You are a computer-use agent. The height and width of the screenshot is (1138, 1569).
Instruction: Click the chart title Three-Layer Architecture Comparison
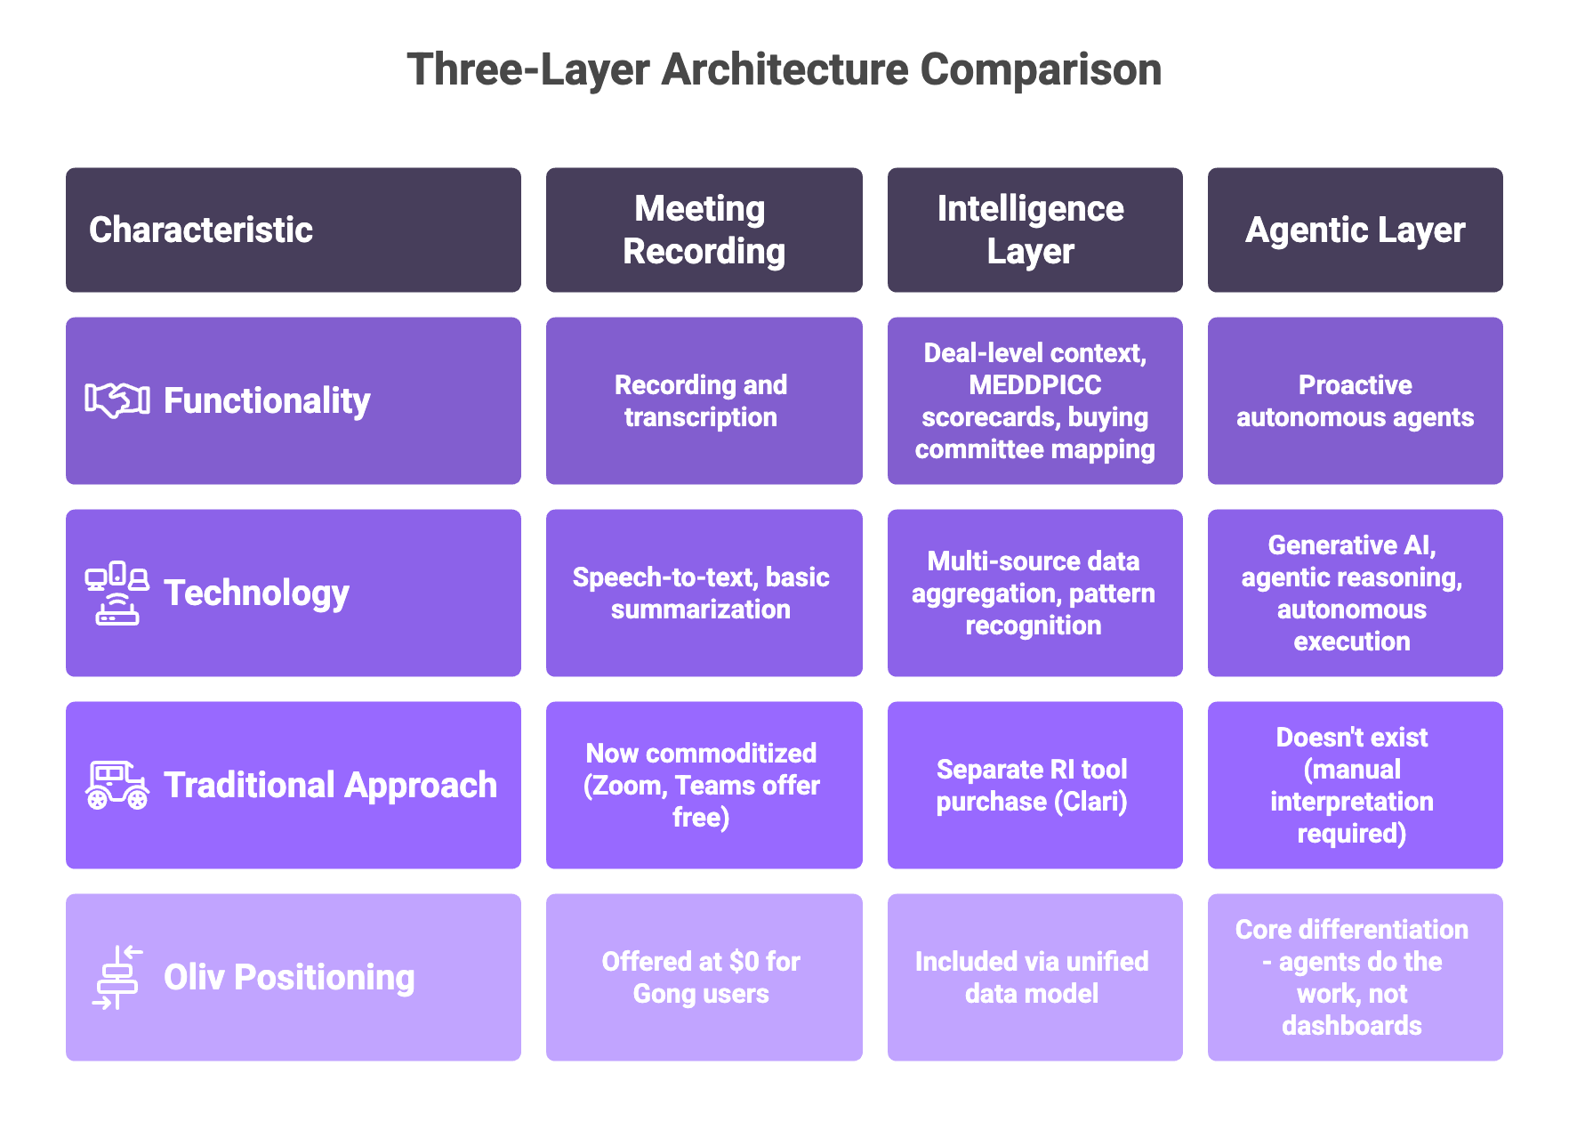click(784, 69)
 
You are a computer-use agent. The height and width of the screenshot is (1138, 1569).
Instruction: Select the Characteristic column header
click(201, 230)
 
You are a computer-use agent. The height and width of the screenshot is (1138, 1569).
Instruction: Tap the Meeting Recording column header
click(703, 230)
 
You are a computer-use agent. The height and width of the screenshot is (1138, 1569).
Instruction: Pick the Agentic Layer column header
click(1354, 230)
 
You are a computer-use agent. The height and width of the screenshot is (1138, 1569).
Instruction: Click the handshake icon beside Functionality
click(117, 400)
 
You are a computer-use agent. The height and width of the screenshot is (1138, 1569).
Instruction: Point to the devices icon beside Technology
click(117, 593)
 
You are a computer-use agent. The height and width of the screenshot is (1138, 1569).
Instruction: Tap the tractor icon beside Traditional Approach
click(117, 785)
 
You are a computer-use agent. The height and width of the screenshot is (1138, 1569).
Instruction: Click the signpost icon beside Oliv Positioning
click(117, 977)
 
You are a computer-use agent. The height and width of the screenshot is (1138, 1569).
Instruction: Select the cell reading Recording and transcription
click(701, 400)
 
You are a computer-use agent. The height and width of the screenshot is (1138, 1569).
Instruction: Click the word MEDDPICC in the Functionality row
click(1034, 385)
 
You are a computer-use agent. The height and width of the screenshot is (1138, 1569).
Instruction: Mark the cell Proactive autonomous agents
click(1354, 400)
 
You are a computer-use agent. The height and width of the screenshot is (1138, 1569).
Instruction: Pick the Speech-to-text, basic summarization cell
click(701, 593)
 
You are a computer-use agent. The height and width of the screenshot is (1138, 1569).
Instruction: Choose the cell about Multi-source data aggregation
click(1033, 593)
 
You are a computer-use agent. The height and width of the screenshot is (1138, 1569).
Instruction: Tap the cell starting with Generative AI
click(1351, 593)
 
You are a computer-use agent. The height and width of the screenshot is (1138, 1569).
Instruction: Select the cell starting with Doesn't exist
click(1351, 785)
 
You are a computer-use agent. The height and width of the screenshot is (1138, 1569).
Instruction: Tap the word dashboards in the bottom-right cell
click(1351, 1026)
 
